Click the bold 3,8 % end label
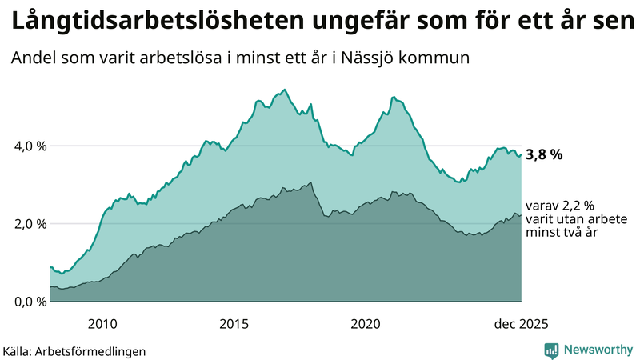pyautogui.click(x=544, y=155)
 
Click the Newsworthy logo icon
pyautogui.click(x=551, y=350)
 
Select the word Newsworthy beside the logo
pyautogui.click(x=597, y=350)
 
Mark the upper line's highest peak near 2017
pyautogui.click(x=286, y=90)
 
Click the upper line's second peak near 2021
pyautogui.click(x=393, y=97)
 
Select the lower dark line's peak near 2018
pyautogui.click(x=310, y=182)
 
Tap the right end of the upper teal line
pyautogui.click(x=521, y=155)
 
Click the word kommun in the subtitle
pyautogui.click(x=440, y=59)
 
